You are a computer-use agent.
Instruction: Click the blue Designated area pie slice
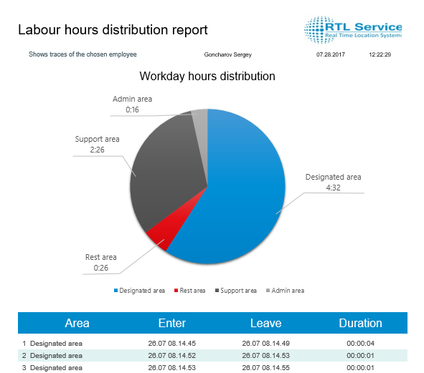coord(238,194)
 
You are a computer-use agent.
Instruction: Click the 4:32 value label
coord(333,188)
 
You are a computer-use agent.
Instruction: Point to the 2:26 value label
coord(97,150)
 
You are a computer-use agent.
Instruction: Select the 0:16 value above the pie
coord(132,110)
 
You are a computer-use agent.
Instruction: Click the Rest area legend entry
coord(190,291)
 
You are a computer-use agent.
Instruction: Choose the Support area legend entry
coord(236,291)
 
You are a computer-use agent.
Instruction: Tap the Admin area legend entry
coord(285,291)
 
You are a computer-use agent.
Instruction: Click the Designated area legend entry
coord(139,291)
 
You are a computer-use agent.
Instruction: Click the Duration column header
coord(360,323)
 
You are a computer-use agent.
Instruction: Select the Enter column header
coord(172,323)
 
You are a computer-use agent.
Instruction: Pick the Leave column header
coord(266,323)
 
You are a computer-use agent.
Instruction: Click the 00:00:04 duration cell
coord(360,344)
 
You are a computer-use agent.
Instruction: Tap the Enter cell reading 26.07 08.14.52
coord(172,355)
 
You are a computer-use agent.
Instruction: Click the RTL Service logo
coord(352,29)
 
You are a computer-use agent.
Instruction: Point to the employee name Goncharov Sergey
coord(227,54)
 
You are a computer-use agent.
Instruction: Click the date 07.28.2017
coord(331,54)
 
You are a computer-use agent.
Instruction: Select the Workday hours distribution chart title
coord(207,76)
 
